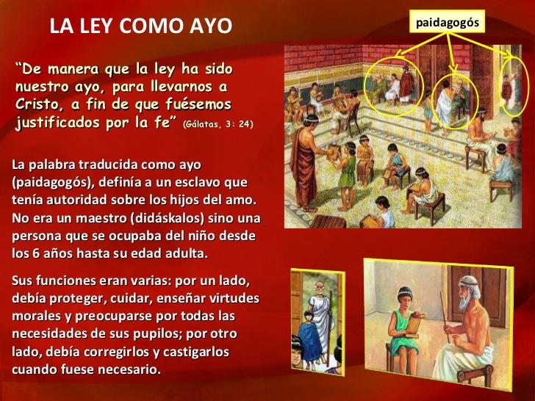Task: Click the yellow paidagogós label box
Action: [448, 23]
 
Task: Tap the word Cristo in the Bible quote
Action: [38, 103]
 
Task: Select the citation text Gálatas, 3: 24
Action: [219, 123]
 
